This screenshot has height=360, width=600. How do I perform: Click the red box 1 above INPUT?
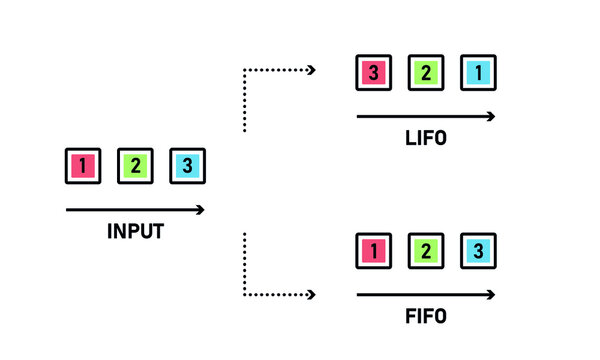pyautogui.click(x=83, y=165)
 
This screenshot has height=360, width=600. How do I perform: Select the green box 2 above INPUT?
pyautogui.click(x=135, y=165)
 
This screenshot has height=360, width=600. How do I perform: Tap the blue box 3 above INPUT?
pyautogui.click(x=187, y=165)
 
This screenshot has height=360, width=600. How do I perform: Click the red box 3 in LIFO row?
pyautogui.click(x=373, y=72)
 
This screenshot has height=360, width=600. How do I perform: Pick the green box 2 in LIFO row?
pyautogui.click(x=425, y=72)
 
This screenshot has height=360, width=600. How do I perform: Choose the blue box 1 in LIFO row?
pyautogui.click(x=478, y=72)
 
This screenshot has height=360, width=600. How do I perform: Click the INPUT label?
pyautogui.click(x=135, y=231)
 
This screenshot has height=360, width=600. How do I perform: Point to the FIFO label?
pyautogui.click(x=425, y=317)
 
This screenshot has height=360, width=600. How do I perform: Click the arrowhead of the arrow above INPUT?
pyautogui.click(x=200, y=210)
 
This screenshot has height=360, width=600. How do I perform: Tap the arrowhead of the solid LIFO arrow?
pyautogui.click(x=490, y=117)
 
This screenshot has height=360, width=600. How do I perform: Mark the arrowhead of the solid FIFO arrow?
pyautogui.click(x=490, y=295)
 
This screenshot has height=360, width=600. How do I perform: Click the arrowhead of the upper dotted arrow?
pyautogui.click(x=312, y=70)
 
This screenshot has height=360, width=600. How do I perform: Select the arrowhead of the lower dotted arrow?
pyautogui.click(x=312, y=295)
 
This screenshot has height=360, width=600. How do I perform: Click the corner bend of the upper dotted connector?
pyautogui.click(x=245, y=70)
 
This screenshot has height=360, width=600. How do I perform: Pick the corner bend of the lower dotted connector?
pyautogui.click(x=245, y=295)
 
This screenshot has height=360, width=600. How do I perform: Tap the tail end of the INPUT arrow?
pyautogui.click(x=68, y=210)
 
